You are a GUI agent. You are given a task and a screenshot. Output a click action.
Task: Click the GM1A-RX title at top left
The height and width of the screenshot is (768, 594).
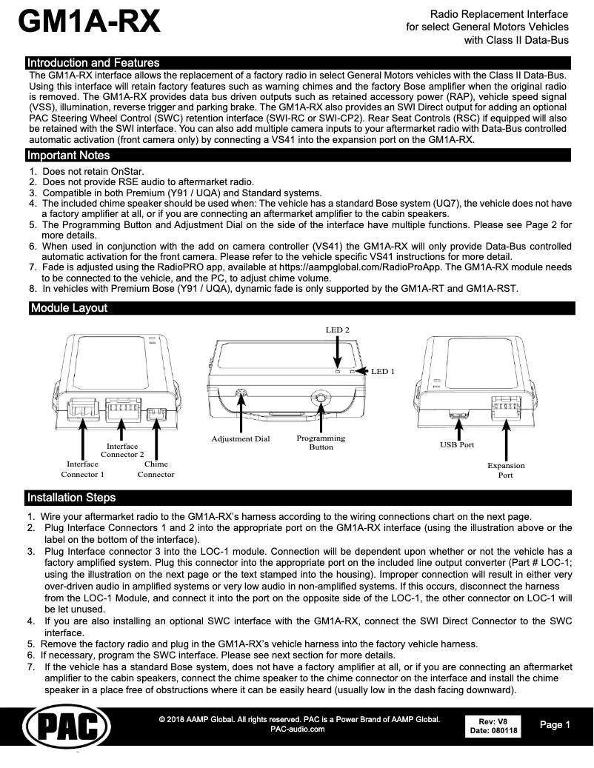pos(89,22)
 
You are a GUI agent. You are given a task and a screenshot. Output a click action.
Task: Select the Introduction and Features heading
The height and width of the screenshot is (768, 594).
pos(93,63)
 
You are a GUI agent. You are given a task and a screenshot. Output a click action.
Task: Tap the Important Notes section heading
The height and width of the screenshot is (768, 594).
pos(69,156)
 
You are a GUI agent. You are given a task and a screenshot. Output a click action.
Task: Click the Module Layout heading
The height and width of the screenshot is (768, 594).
pos(69,308)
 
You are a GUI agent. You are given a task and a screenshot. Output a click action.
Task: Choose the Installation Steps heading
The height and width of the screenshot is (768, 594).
pos(72,497)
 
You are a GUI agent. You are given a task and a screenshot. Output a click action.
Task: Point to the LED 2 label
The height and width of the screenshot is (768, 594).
pos(337,329)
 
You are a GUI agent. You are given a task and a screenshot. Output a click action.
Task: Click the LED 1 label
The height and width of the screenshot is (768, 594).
pos(383,371)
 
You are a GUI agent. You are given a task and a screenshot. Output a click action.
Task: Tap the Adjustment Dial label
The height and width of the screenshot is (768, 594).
pos(241,439)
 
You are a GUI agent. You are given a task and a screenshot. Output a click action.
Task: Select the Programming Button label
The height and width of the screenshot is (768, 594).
pos(321,443)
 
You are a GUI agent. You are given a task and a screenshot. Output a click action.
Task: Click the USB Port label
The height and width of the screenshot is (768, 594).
pos(457,445)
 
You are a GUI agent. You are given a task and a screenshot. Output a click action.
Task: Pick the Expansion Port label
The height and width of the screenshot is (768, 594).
pos(506,470)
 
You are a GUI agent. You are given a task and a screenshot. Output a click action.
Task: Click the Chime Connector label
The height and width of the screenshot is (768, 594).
pos(156,469)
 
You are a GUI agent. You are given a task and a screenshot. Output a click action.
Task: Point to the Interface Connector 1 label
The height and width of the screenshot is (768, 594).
pos(82,469)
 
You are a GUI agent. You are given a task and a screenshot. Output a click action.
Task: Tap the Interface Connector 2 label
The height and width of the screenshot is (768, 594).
pos(122,450)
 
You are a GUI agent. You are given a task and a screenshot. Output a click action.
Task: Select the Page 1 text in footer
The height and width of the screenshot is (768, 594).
pos(555,724)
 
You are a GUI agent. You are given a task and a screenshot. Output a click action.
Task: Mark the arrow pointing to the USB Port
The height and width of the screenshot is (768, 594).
pos(459,429)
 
